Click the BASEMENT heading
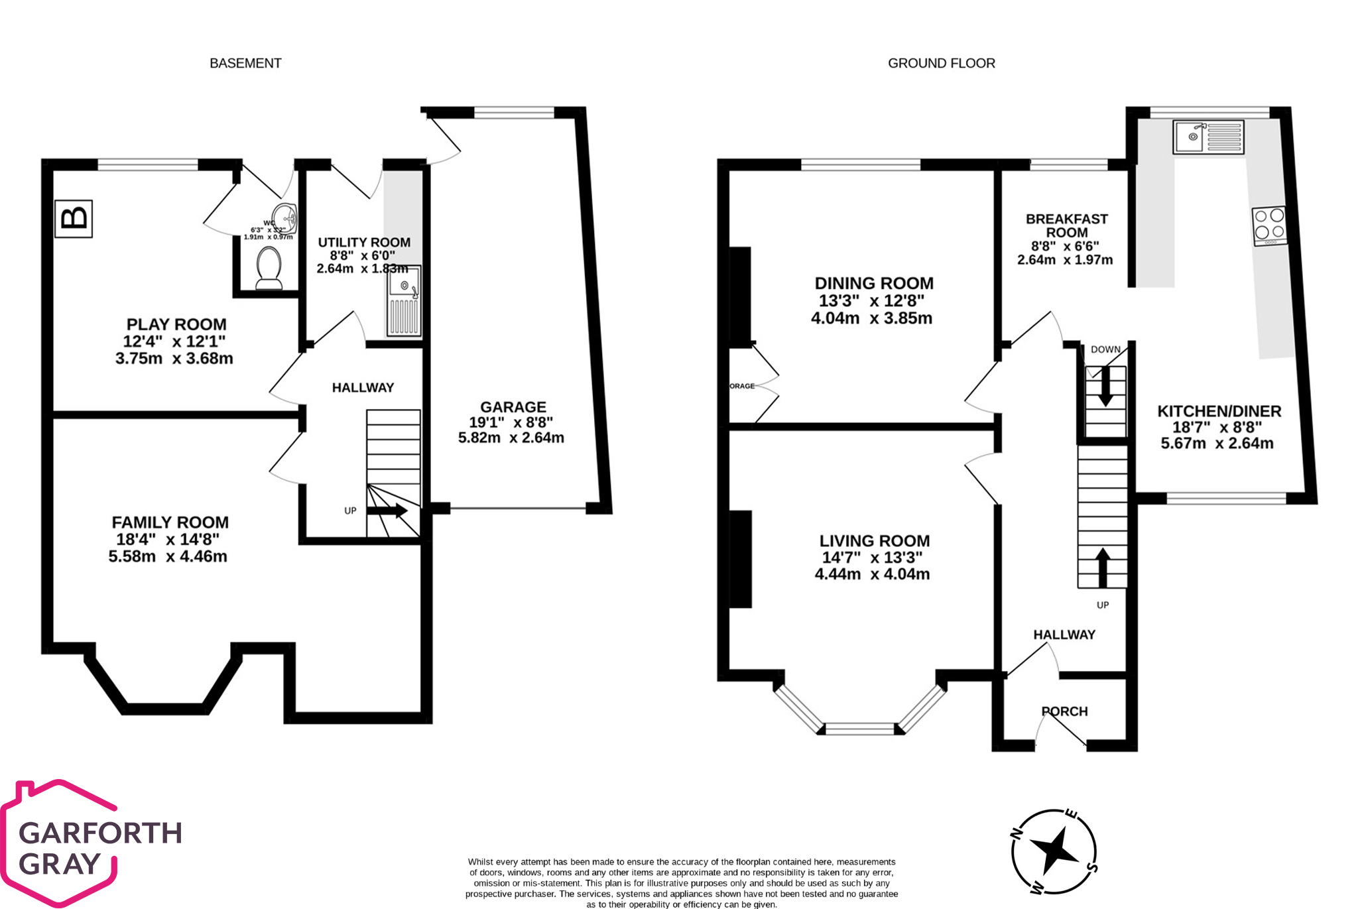[245, 63]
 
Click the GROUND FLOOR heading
[941, 63]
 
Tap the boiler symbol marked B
[74, 218]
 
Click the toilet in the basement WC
[269, 269]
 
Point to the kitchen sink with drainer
[1208, 137]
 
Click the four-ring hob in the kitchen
[1269, 225]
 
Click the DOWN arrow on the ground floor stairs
[1105, 386]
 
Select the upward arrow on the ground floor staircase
[1102, 568]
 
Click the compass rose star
[1054, 851]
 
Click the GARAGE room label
[513, 407]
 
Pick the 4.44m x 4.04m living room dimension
[872, 574]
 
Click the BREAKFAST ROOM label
[1066, 225]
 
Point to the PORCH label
[1064, 711]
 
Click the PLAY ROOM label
[176, 324]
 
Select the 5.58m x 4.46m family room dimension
[168, 556]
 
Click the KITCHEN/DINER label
[1219, 411]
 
